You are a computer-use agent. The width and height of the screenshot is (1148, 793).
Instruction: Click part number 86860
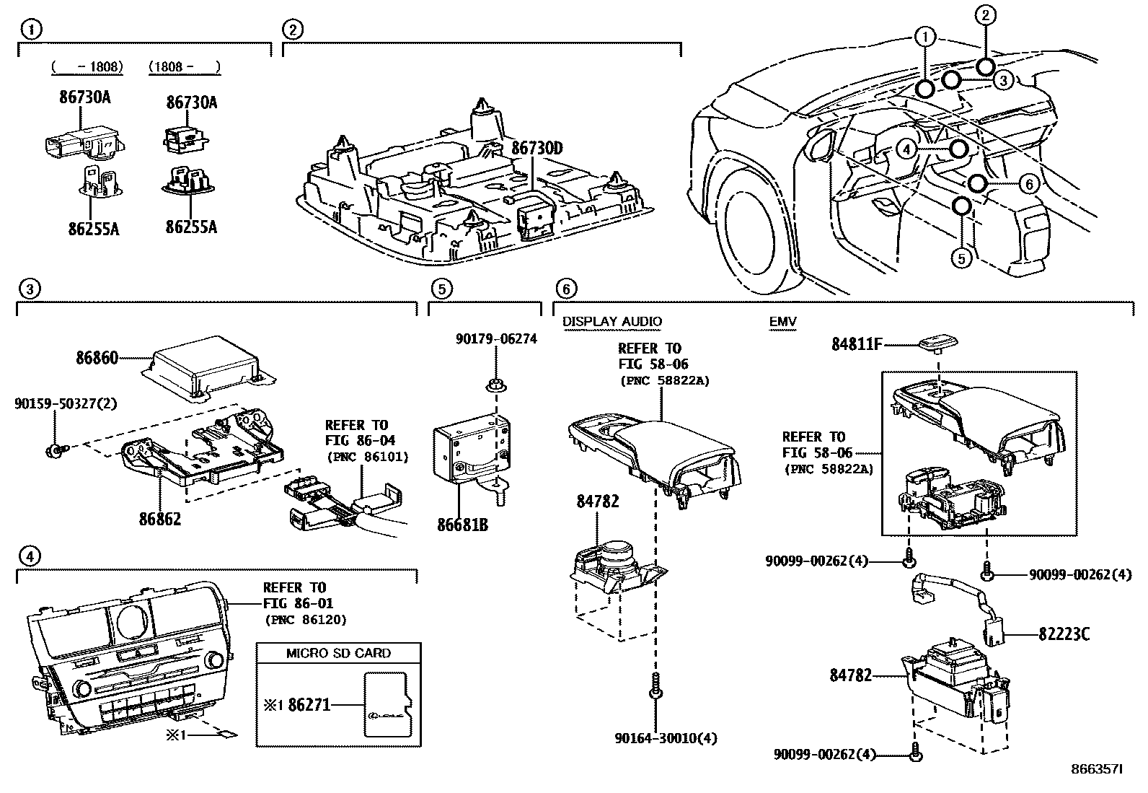point(97,357)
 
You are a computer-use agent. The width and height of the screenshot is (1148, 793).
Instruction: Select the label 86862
point(159,518)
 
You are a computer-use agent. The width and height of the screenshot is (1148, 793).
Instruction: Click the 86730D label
point(537,149)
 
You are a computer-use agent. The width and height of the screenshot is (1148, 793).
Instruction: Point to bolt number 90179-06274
point(495,338)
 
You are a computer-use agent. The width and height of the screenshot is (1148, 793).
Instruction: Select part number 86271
point(309,704)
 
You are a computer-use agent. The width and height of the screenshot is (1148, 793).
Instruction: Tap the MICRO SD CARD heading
point(338,653)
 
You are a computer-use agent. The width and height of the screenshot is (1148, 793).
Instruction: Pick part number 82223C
point(1064,634)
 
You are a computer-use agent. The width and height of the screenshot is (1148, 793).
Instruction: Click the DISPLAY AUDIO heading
point(611,322)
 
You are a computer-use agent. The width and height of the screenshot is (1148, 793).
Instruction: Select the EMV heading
point(782,322)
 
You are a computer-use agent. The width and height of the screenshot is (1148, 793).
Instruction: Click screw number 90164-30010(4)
point(666,737)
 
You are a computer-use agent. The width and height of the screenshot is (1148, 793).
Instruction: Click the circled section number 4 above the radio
point(28,556)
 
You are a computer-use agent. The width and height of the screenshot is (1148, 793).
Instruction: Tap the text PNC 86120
point(306,619)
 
